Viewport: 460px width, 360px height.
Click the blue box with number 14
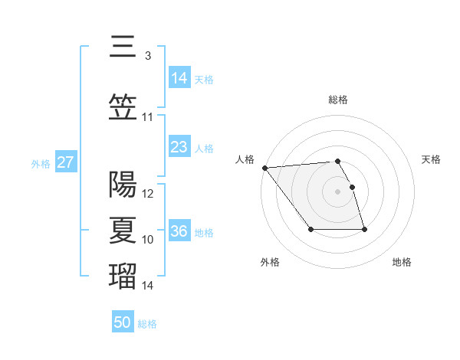[x=179, y=77]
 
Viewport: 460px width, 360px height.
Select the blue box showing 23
[x=179, y=147]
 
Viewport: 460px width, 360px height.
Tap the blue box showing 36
[x=179, y=231]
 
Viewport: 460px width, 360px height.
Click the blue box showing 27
[x=65, y=162]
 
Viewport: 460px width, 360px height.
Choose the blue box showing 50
[x=123, y=322]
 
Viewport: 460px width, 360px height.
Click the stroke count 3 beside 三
[x=147, y=56]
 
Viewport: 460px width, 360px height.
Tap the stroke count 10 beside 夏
[x=148, y=240]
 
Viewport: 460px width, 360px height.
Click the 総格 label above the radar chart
[x=337, y=100]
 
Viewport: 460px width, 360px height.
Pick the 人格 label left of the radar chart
[x=245, y=159]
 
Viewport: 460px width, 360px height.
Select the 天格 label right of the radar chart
[x=432, y=159]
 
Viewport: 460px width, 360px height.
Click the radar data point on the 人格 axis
[x=264, y=168]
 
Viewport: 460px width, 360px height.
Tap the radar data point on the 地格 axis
[x=364, y=230]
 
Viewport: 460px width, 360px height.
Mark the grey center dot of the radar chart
[x=337, y=191]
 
